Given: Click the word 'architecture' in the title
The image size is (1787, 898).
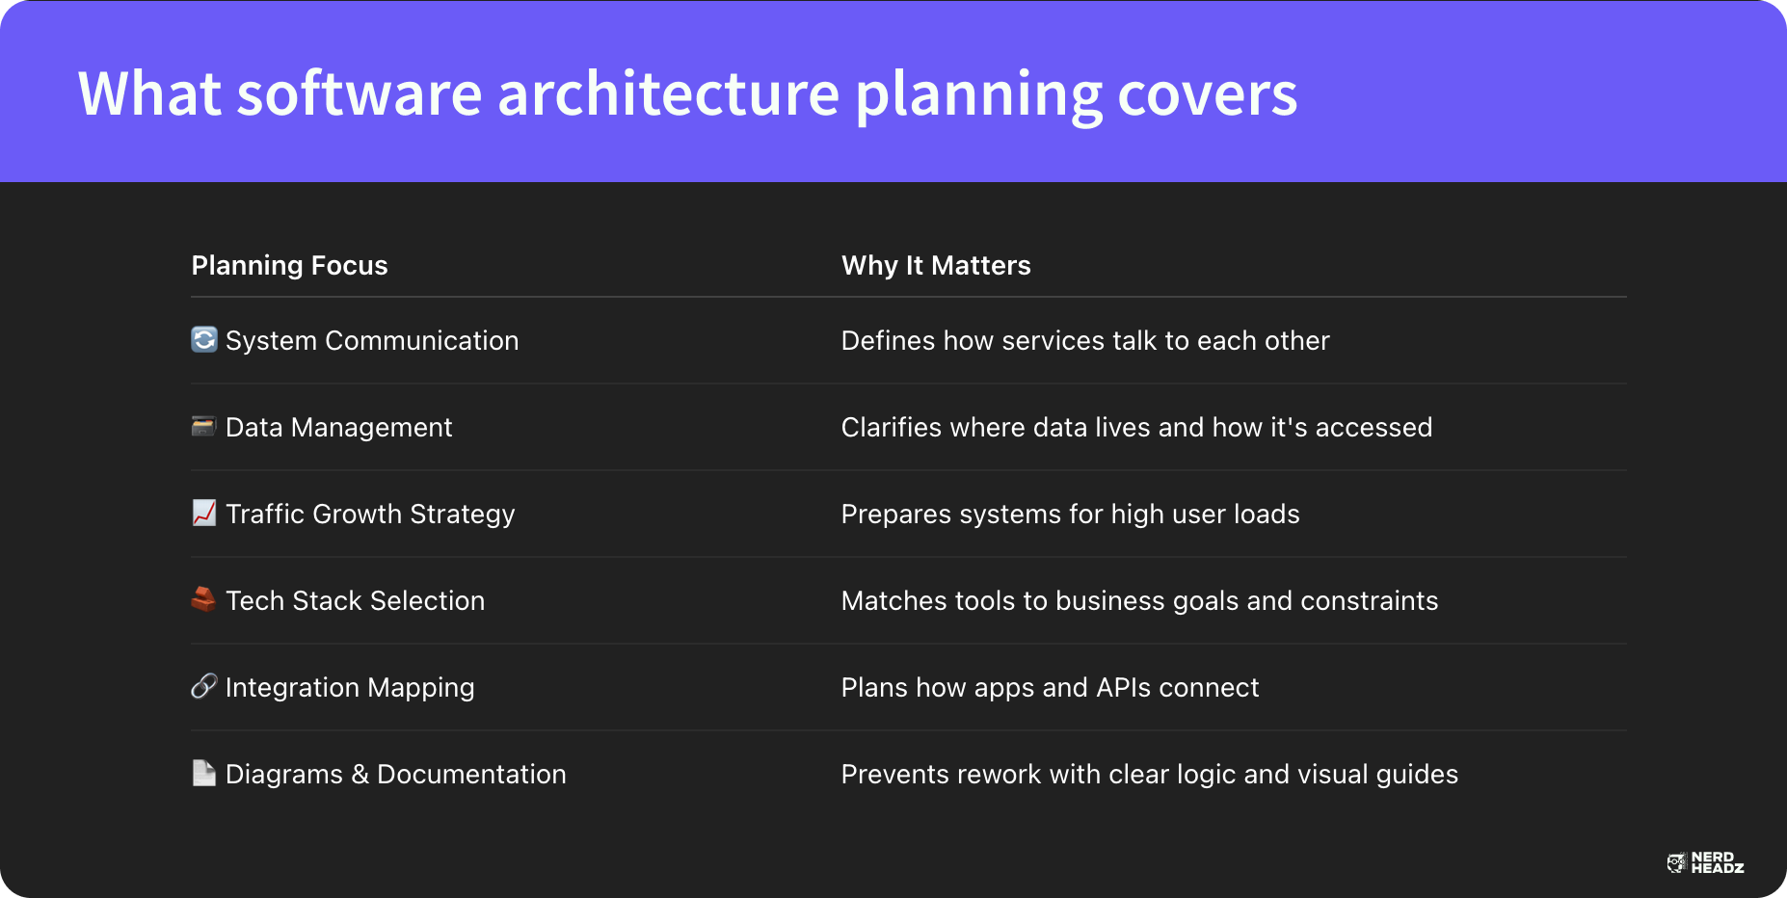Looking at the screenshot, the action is (669, 93).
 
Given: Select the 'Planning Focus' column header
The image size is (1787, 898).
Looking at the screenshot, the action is (289, 266).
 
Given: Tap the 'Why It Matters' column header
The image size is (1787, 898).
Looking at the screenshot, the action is (936, 266).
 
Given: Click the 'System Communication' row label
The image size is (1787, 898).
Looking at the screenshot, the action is (372, 341).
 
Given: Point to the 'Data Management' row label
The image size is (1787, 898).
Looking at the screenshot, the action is (338, 428).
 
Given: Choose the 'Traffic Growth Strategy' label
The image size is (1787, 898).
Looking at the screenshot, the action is (370, 515).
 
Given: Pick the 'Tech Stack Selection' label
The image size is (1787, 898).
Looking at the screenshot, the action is (355, 601).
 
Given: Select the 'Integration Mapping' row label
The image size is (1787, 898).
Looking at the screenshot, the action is (350, 688).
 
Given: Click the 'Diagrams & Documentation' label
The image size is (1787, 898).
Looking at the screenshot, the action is (395, 775).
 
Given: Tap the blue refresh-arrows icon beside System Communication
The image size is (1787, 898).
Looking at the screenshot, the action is (204, 339).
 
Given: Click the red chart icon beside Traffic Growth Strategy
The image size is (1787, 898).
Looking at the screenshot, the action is (204, 513).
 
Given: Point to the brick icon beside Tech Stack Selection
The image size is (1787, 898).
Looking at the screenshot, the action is (203, 599).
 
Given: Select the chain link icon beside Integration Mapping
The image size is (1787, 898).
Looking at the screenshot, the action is (204, 686).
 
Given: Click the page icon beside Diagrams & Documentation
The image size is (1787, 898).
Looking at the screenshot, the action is (204, 773).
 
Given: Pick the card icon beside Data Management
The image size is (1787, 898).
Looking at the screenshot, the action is (203, 426).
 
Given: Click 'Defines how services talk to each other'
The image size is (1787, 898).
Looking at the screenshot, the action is (1085, 341).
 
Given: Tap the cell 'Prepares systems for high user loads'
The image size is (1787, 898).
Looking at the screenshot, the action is (1070, 515).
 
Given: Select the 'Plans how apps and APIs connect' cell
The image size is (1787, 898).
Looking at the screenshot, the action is (1050, 688).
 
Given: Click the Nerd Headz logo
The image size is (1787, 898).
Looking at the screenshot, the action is (1705, 862).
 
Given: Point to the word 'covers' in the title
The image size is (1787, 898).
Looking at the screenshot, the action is (1208, 93).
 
